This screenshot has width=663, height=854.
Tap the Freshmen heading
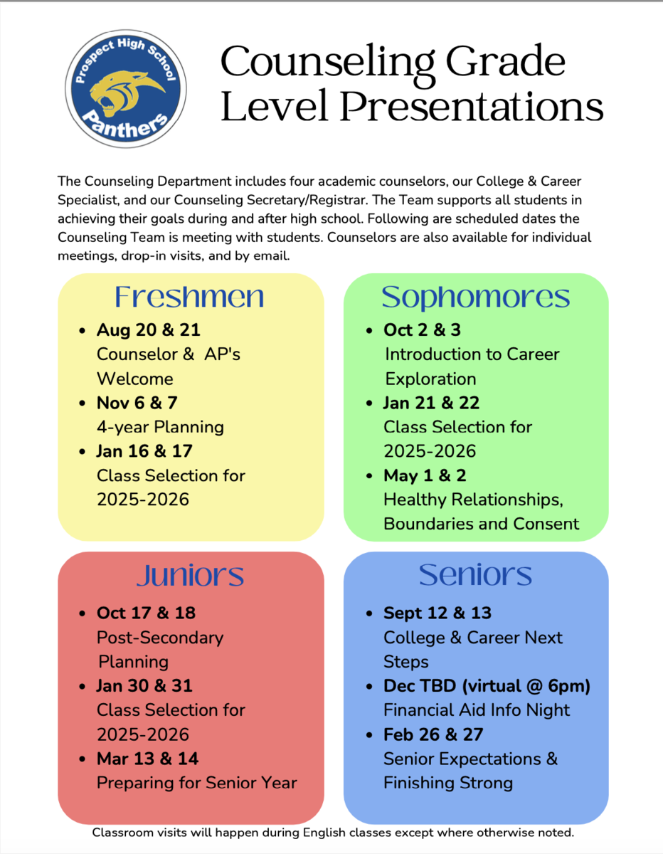point(189,297)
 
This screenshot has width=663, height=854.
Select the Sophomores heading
point(475,297)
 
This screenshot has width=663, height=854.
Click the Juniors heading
point(190,575)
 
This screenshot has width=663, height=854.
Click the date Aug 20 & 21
point(149,330)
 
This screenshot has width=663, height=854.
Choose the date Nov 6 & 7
point(137,403)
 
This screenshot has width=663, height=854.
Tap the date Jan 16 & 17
point(144,451)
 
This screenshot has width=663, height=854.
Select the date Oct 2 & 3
point(423,330)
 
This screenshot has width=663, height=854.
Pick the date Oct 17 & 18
point(146,613)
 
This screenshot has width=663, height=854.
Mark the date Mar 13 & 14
point(147,759)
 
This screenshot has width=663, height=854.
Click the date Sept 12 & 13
point(437,613)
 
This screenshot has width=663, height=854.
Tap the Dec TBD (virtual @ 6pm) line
point(487,686)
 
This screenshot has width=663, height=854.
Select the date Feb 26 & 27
point(433,734)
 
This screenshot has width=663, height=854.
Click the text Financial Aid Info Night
point(477,710)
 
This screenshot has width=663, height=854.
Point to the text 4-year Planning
point(160,427)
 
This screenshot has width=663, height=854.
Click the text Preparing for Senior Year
point(196,783)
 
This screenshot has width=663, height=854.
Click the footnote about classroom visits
point(333,832)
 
